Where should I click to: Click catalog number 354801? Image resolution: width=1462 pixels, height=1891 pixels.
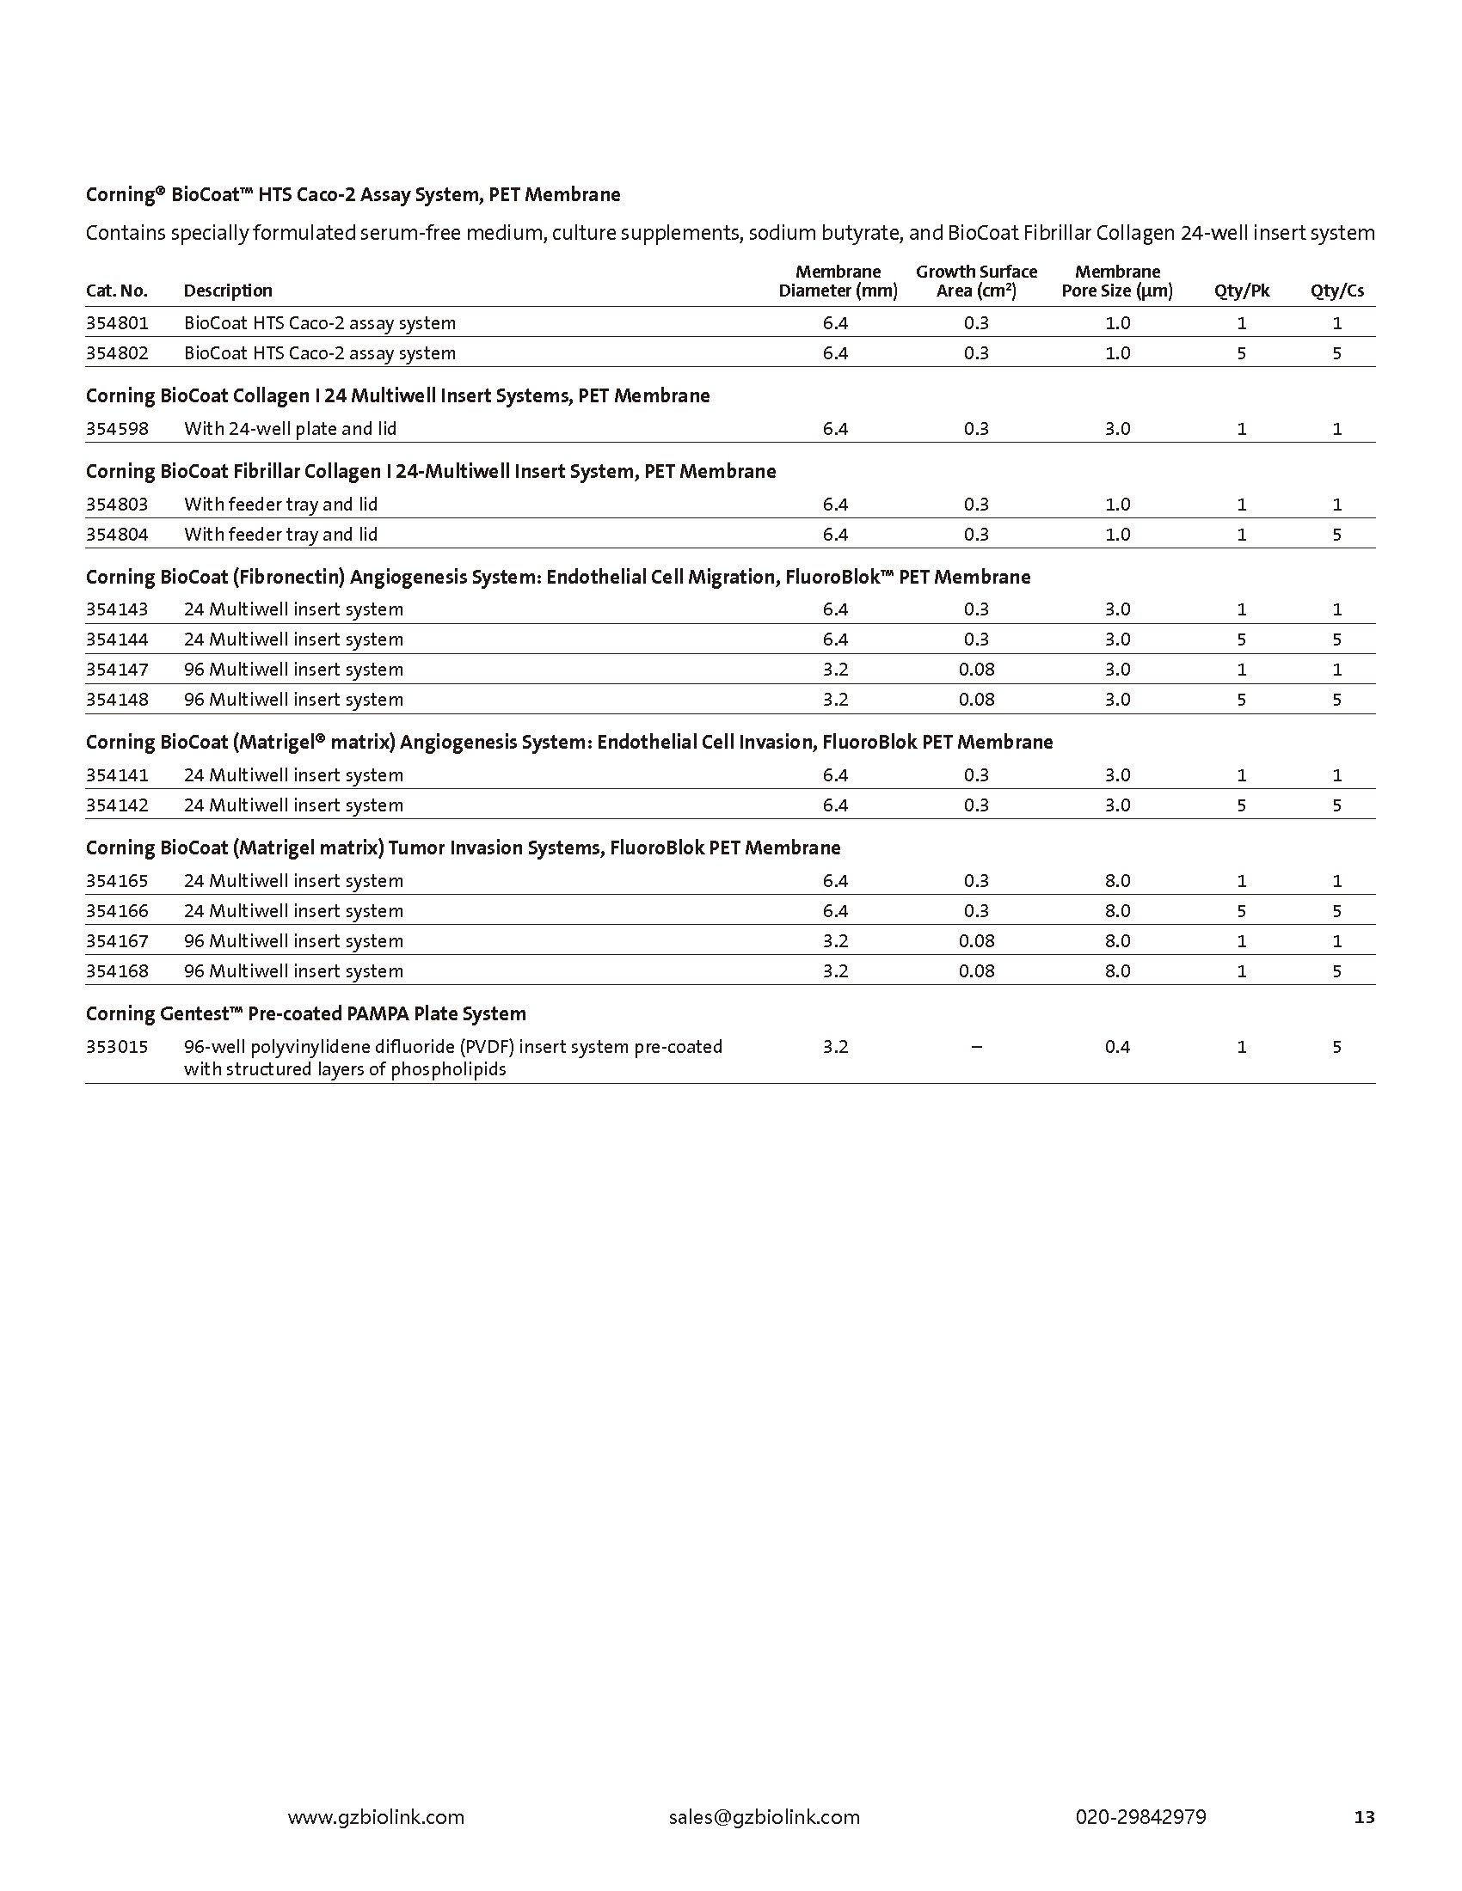click(117, 323)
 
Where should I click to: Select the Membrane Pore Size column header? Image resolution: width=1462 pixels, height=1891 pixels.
click(1117, 281)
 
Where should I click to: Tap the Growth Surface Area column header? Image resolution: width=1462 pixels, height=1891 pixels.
click(976, 281)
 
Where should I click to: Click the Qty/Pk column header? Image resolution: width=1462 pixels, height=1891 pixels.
click(1241, 291)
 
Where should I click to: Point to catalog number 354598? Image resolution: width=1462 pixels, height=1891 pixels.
click(117, 429)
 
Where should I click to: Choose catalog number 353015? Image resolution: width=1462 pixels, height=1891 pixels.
click(117, 1047)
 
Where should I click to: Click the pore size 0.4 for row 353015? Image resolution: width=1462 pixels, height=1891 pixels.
click(1117, 1047)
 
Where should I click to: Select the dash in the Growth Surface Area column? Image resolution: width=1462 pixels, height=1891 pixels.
click(976, 1047)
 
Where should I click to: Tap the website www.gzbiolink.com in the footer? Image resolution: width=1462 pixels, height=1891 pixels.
click(376, 1816)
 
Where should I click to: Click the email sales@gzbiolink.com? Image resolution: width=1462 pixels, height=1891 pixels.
click(764, 1816)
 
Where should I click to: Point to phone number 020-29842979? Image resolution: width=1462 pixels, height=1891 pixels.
click(1140, 1816)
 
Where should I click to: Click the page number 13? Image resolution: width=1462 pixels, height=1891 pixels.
click(1364, 1817)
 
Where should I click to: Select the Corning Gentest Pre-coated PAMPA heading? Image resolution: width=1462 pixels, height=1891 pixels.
click(306, 1014)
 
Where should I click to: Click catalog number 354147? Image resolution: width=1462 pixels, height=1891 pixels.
click(117, 670)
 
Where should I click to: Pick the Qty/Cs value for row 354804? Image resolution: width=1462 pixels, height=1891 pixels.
click(1336, 535)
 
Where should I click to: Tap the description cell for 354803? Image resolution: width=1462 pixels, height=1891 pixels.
click(280, 505)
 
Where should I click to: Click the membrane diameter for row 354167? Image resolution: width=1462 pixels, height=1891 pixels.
click(835, 941)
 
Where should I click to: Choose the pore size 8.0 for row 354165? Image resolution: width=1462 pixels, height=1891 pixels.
click(1117, 880)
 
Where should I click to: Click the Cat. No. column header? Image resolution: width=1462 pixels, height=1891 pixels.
click(117, 291)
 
